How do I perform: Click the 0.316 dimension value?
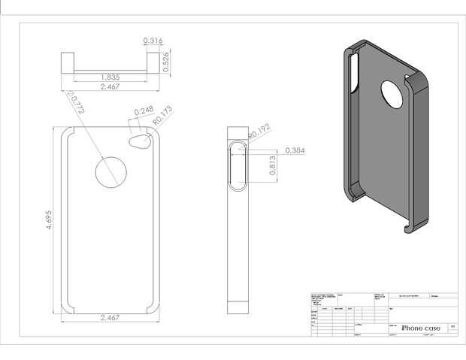click(x=153, y=41)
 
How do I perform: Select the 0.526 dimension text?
click(x=166, y=62)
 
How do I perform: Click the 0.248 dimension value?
click(x=143, y=111)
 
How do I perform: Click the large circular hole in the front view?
click(x=111, y=172)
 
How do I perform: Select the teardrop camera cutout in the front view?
click(x=140, y=141)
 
